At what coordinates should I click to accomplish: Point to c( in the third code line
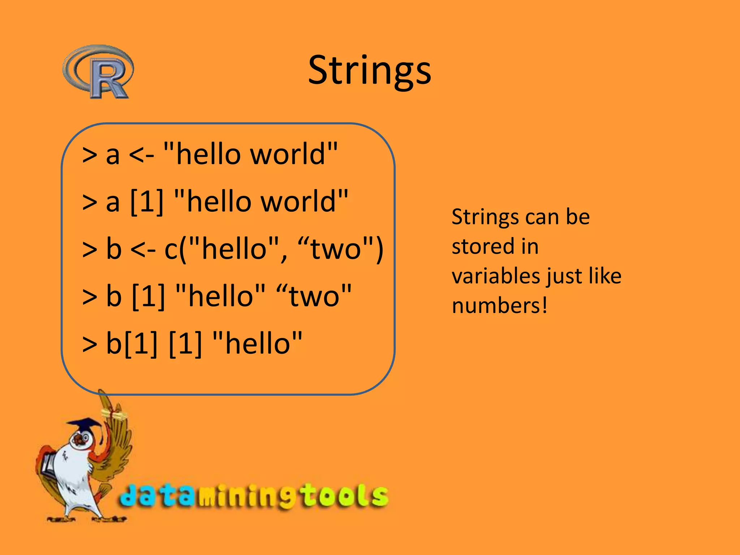click(x=175, y=249)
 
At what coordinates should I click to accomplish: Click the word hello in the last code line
click(x=258, y=343)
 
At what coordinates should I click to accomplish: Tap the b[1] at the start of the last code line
click(x=132, y=343)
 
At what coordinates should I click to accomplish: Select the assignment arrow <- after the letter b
click(x=143, y=250)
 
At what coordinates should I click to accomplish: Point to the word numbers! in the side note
click(x=500, y=306)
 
